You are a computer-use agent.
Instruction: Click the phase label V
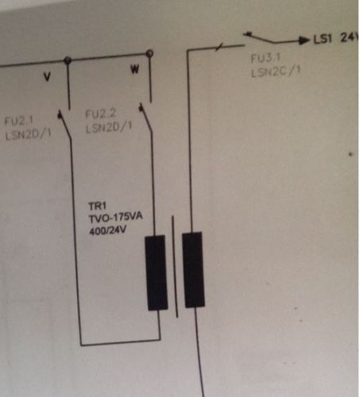[47, 77]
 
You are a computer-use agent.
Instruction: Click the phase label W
[135, 70]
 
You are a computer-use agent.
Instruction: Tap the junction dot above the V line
[68, 60]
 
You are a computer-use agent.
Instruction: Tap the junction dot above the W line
[149, 53]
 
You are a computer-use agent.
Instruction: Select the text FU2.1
[18, 121]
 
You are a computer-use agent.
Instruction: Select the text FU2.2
[100, 114]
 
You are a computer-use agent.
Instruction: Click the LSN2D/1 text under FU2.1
[28, 135]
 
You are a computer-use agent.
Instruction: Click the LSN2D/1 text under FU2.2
[109, 128]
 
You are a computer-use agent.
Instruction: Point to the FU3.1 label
[265, 58]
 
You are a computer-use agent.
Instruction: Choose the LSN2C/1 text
[276, 71]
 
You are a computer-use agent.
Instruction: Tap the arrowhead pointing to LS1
[304, 40]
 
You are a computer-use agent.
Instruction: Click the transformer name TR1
[97, 206]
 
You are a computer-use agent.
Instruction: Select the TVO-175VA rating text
[115, 218]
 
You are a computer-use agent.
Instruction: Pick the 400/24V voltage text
[107, 230]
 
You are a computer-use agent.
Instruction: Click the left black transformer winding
[157, 272]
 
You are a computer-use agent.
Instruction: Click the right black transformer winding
[193, 270]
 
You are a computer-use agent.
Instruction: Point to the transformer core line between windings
[175, 266]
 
